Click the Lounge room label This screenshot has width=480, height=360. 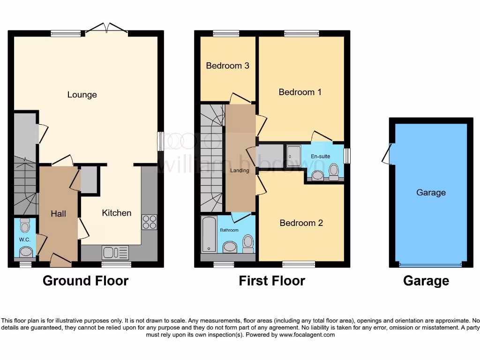tap(82, 95)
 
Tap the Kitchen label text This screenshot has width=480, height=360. tap(117, 213)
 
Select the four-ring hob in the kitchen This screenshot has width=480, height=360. tap(149, 222)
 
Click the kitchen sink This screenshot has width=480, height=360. tap(115, 253)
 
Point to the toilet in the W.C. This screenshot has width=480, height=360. tap(25, 226)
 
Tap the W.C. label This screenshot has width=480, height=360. tap(24, 240)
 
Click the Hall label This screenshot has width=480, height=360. tap(58, 214)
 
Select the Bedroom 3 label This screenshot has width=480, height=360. tap(227, 66)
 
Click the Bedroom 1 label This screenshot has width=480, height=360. tap(300, 92)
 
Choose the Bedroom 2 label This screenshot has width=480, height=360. tap(301, 223)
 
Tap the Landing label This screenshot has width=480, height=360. tap(240, 171)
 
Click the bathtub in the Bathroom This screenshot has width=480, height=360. tap(207, 234)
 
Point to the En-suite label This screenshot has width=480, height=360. tap(321, 156)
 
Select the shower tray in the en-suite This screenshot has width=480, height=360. tap(294, 152)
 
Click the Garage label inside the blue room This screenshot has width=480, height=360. tap(431, 193)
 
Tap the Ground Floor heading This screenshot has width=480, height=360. tap(85, 281)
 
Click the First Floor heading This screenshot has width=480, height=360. tap(272, 281)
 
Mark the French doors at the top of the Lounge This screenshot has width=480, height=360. tap(107, 30)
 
